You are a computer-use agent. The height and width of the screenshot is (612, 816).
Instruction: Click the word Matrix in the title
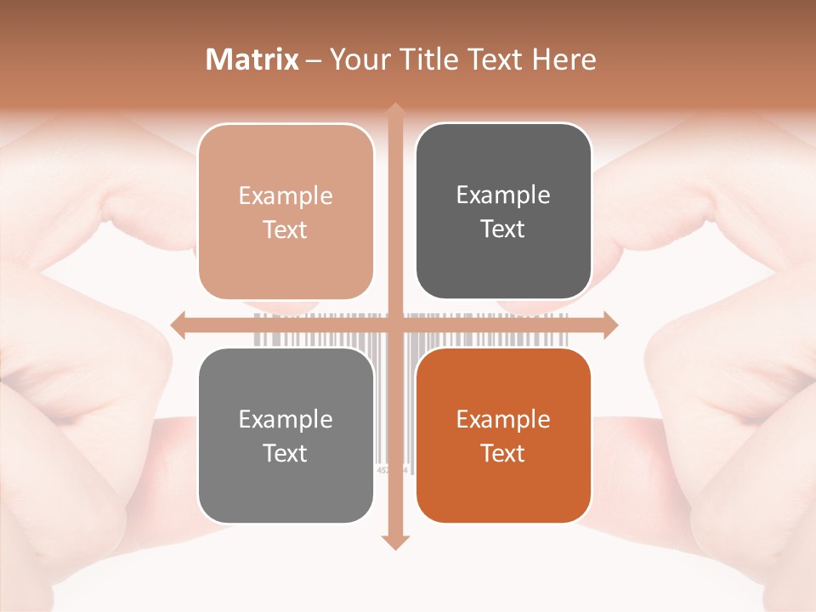pyautogui.click(x=252, y=59)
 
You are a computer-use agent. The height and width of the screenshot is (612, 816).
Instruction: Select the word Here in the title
pyautogui.click(x=564, y=59)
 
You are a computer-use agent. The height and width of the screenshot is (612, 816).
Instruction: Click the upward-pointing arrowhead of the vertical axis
pyautogui.click(x=394, y=110)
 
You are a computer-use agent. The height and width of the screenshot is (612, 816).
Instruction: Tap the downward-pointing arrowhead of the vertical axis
pyautogui.click(x=394, y=541)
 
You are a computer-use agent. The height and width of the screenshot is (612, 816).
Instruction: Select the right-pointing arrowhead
pyautogui.click(x=609, y=325)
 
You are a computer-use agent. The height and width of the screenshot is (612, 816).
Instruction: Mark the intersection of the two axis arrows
pyautogui.click(x=394, y=325)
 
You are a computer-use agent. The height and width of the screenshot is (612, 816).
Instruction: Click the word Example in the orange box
pyautogui.click(x=503, y=419)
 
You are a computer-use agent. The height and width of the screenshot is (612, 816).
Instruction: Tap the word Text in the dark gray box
pyautogui.click(x=503, y=229)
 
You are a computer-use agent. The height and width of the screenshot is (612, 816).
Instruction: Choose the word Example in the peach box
pyautogui.click(x=286, y=195)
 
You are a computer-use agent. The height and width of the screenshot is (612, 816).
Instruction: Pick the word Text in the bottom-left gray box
pyautogui.click(x=286, y=454)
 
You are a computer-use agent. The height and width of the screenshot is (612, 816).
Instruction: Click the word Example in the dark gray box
pyautogui.click(x=503, y=195)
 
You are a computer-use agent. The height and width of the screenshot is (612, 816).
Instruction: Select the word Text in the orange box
pyautogui.click(x=503, y=454)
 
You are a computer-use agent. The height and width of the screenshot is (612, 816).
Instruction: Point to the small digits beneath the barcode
pyautogui.click(x=393, y=469)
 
